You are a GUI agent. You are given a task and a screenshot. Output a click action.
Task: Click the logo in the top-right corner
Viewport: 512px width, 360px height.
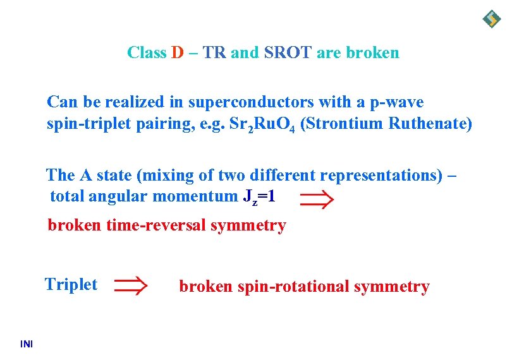coord(491,19)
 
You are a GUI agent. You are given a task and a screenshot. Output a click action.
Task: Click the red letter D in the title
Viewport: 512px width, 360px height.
coord(176,52)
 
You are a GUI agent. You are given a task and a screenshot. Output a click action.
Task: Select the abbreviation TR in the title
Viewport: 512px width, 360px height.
coord(215,52)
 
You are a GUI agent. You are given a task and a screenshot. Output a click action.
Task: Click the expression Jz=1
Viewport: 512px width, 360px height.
coord(259,197)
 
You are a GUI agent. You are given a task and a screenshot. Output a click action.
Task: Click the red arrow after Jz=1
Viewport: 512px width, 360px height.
coord(315,200)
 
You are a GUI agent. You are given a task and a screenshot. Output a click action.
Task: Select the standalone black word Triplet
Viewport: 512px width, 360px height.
coord(71,284)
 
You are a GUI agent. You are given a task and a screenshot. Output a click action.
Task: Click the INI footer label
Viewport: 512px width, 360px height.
coord(27,344)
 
